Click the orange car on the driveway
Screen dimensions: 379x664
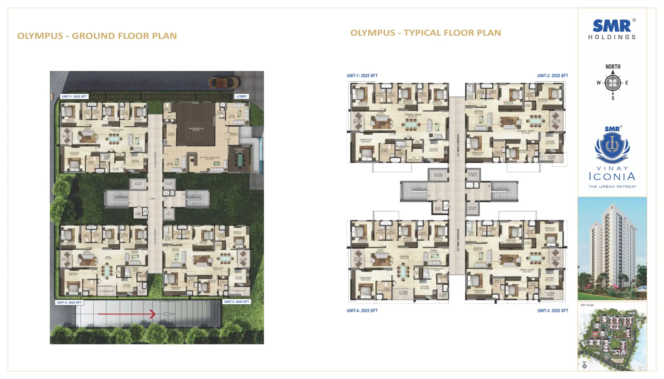(224, 82)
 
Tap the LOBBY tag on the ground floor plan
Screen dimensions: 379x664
(242, 96)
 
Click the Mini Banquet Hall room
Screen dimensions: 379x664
(196, 129)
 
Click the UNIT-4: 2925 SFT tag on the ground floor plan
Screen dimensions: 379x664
(69, 302)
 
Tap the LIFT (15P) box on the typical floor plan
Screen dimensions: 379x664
(438, 175)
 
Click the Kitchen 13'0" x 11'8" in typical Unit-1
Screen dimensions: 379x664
(433, 150)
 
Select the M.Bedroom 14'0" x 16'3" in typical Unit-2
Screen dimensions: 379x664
(478, 154)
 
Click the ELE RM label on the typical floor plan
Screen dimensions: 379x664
(438, 209)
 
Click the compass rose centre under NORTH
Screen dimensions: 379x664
(613, 83)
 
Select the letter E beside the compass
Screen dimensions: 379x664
(627, 83)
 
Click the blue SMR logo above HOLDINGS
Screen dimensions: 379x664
(612, 26)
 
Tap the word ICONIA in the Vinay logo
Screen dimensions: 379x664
(612, 177)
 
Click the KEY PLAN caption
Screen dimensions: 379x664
(587, 305)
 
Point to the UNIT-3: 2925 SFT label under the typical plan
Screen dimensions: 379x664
(552, 311)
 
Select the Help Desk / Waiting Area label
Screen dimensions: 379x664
(210, 158)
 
